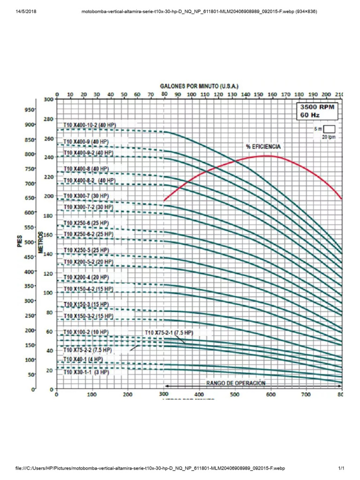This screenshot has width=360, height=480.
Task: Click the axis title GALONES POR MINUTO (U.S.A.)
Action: tap(200, 87)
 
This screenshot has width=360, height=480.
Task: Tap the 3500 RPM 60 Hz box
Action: tap(318, 110)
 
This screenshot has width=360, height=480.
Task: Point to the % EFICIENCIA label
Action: tap(263, 147)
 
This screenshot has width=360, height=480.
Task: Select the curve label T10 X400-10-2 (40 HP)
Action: tap(90, 125)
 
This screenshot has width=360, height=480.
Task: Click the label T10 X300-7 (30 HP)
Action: tap(86, 195)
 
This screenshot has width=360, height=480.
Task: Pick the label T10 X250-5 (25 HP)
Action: tap(86, 250)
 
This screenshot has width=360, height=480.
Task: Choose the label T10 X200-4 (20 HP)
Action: tap(86, 277)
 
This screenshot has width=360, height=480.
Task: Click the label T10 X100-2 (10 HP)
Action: tap(86, 332)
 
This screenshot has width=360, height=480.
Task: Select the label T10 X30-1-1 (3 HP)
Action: tap(86, 372)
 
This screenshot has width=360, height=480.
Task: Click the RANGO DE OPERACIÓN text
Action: tap(236, 383)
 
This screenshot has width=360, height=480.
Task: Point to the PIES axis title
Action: tap(21, 242)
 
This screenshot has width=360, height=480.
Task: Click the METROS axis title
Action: tap(41, 242)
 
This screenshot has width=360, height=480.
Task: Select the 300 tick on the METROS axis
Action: tap(49, 99)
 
